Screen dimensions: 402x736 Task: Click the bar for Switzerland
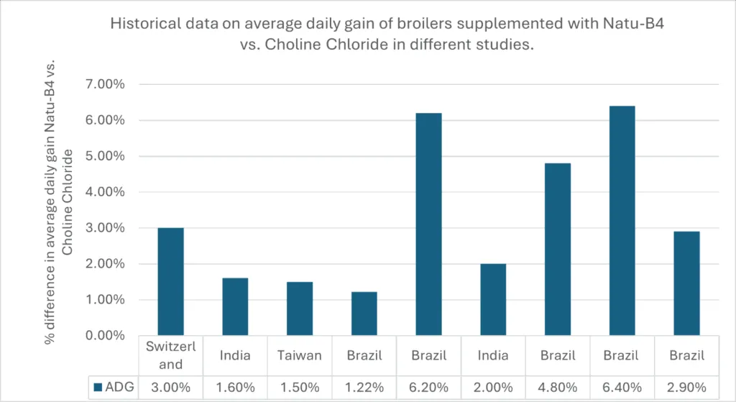tap(171, 281)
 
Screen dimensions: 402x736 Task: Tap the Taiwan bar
tap(299, 309)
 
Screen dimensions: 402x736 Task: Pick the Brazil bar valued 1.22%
tap(364, 314)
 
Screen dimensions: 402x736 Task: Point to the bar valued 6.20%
tap(428, 224)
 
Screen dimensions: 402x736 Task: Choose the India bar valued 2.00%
tap(493, 299)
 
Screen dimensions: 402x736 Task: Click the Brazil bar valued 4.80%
tap(558, 249)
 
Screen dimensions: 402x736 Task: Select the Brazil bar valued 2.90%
tap(686, 283)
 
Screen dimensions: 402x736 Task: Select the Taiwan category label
tap(299, 355)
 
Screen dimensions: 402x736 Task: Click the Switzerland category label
tap(171, 355)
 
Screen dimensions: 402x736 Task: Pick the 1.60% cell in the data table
tap(235, 387)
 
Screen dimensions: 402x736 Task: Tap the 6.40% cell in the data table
tap(622, 387)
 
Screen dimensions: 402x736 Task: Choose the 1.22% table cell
tap(364, 387)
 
